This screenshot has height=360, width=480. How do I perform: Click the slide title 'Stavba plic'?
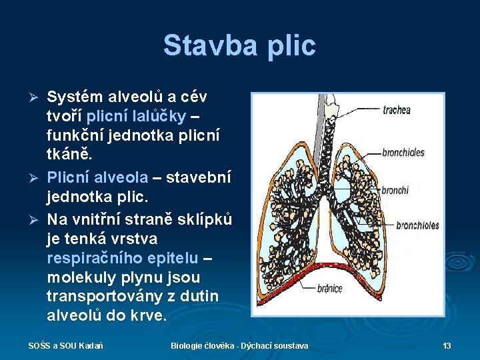[239, 46]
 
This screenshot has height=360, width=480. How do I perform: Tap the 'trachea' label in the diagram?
[397, 110]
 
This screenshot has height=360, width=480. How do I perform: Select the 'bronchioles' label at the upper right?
[403, 153]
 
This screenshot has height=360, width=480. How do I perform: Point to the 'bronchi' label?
[395, 191]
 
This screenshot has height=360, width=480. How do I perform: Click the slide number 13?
[447, 345]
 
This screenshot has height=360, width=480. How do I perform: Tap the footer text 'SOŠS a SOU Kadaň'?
[65, 345]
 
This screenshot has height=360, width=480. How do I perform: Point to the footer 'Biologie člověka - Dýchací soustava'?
[239, 345]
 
